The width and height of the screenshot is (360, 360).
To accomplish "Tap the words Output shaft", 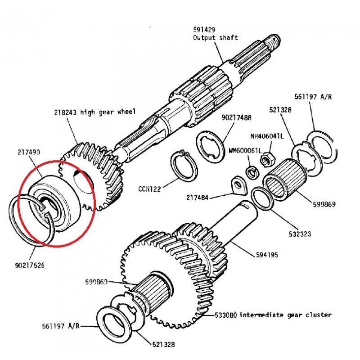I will click(x=215, y=38).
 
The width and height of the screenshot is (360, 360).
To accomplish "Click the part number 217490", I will click(x=28, y=153).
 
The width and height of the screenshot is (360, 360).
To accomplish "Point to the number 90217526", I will click(x=30, y=265).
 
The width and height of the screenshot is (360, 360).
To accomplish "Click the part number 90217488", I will click(x=236, y=117).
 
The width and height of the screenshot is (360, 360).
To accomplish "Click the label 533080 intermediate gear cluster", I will click(x=285, y=315).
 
